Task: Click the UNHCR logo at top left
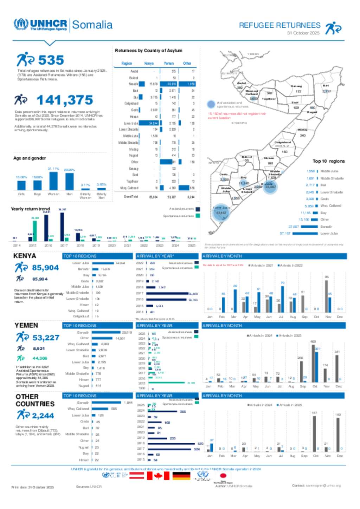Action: click(x=40, y=25)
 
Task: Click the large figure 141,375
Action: click(x=65, y=100)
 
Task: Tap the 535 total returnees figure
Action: click(x=51, y=60)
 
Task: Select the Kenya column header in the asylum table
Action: click(x=149, y=64)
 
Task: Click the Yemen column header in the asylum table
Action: click(x=169, y=64)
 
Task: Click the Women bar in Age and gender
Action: click(x=53, y=181)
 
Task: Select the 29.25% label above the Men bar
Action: click(x=69, y=170)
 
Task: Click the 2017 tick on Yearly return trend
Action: click(x=64, y=246)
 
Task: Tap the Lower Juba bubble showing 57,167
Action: click(x=221, y=213)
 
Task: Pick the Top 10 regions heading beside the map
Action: click(x=328, y=161)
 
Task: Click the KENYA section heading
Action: click(x=25, y=256)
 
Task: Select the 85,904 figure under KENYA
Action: click(x=45, y=268)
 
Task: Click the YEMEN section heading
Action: click(x=26, y=326)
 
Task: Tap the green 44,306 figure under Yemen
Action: click(x=40, y=358)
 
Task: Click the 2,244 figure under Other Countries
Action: click(x=43, y=416)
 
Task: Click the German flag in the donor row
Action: click(x=181, y=476)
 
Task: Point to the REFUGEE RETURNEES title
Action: click(x=279, y=25)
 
